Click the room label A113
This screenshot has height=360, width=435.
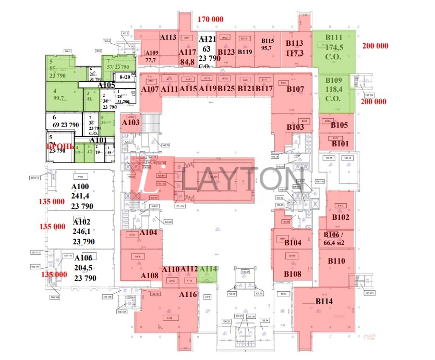[x=168, y=37]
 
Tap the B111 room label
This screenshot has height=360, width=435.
[x=334, y=38]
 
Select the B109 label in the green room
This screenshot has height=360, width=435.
[x=334, y=80]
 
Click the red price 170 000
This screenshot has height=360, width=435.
[x=211, y=19]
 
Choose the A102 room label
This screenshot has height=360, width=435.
[x=82, y=221]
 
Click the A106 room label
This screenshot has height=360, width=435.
[x=83, y=258]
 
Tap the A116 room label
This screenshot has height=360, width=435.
[x=188, y=295]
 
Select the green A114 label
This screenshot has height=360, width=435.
[x=208, y=269]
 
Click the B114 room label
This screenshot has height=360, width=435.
[x=324, y=301]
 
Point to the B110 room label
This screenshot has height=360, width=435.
[x=336, y=260]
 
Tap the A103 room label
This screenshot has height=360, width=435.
[x=130, y=122]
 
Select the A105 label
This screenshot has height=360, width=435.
[x=106, y=85]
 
